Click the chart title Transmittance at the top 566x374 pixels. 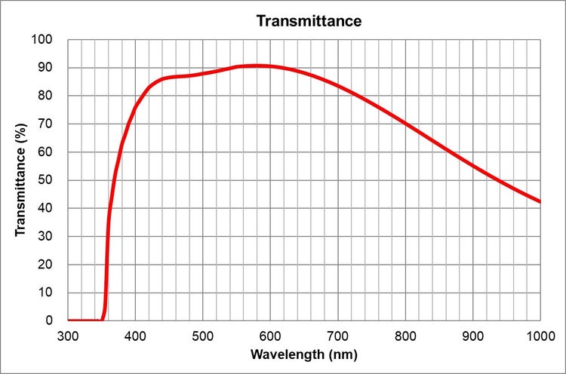tap(309, 20)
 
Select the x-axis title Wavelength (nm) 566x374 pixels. tap(304, 354)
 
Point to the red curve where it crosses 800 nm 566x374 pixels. tap(405, 122)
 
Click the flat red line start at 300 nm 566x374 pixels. tap(69, 320)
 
